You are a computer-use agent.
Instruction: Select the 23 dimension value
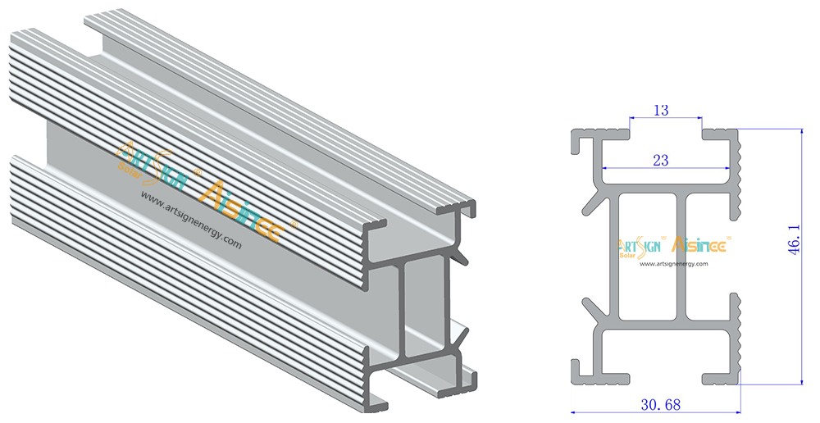661,161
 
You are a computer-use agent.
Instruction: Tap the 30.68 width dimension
661,404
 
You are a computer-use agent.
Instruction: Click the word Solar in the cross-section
627,255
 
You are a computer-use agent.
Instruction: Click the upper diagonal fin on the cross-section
592,202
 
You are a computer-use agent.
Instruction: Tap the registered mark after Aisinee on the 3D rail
295,223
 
